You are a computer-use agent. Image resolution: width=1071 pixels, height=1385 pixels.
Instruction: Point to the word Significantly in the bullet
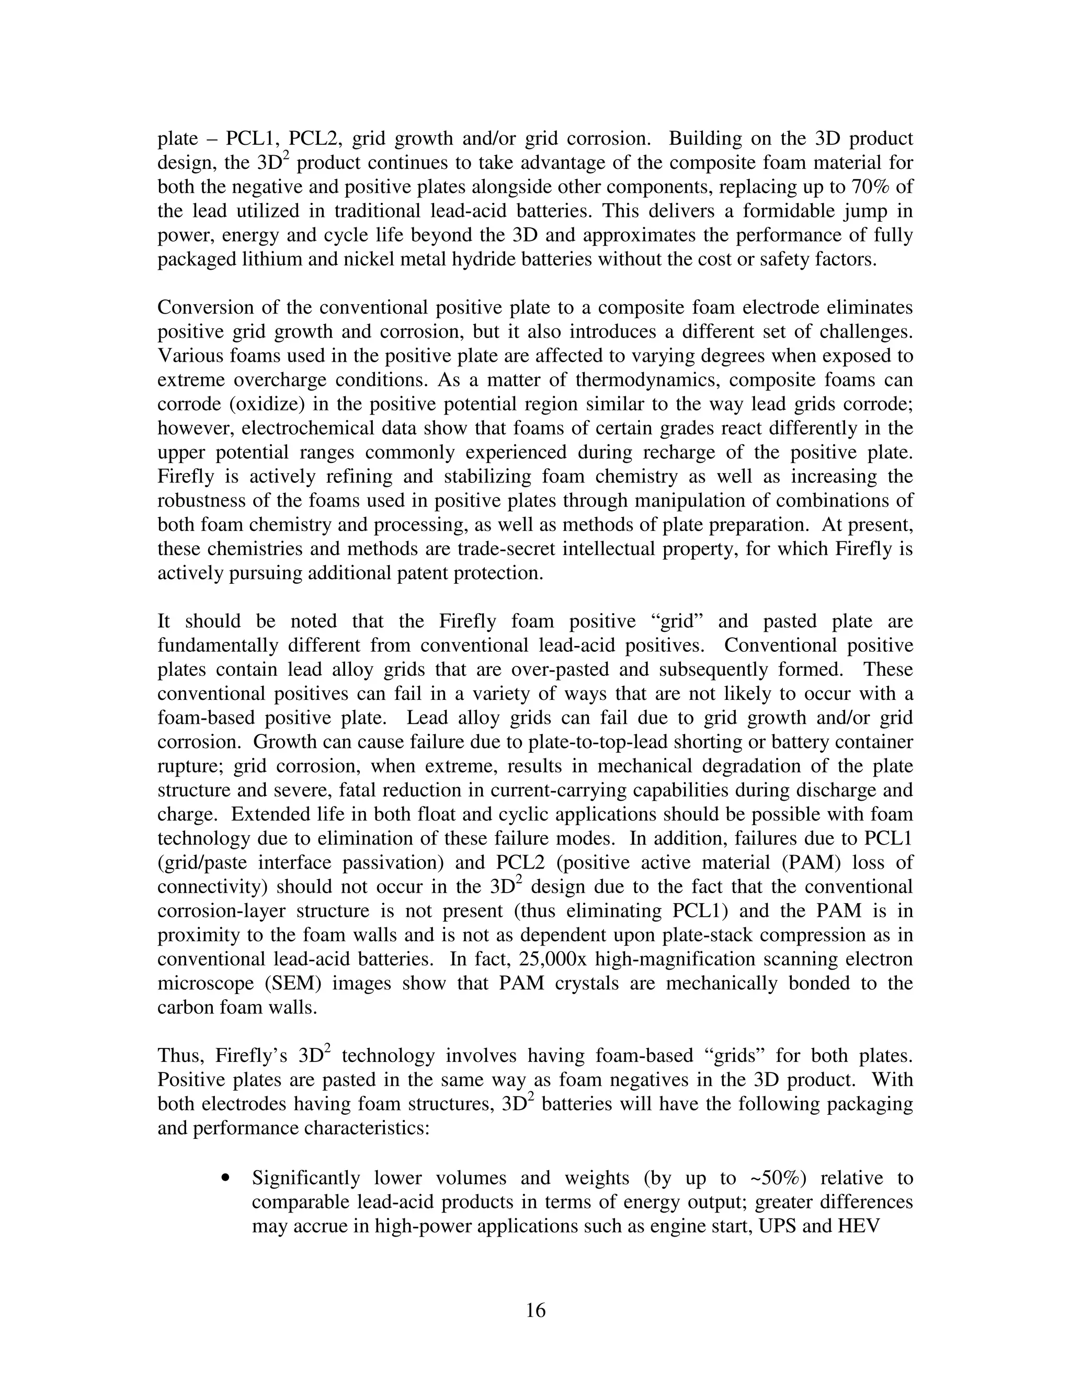(x=306, y=1178)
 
